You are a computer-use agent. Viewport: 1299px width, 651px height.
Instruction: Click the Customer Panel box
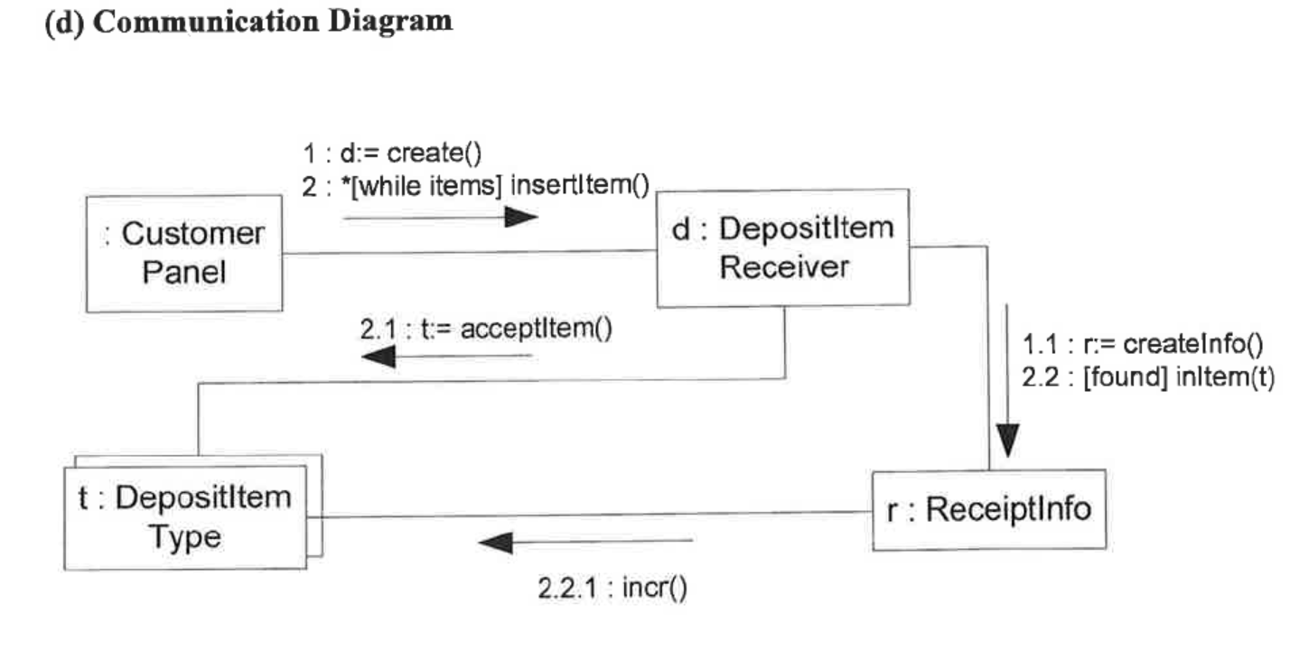183,253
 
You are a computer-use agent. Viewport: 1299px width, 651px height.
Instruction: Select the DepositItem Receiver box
782,248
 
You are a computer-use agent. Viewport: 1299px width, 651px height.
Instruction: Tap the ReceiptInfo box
989,510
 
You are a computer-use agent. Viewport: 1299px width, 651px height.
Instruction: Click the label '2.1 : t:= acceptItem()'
486,330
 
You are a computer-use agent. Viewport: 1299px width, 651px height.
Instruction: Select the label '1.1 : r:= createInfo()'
1141,344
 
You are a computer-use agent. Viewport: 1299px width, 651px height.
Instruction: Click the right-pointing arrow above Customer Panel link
441,218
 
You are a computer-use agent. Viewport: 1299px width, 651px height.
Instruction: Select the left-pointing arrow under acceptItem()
446,357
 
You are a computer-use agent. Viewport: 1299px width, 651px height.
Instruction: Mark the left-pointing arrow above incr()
585,543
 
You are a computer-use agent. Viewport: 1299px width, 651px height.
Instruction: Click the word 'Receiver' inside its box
783,267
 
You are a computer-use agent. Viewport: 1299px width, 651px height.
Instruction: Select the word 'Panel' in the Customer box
183,272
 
